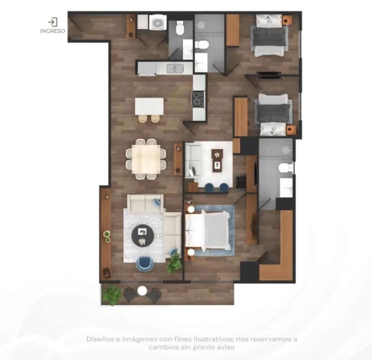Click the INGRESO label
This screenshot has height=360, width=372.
click(x=53, y=31)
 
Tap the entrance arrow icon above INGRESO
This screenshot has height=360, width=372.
click(x=53, y=22)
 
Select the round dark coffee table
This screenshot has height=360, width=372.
click(x=143, y=236)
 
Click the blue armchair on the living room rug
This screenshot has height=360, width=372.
click(x=144, y=264)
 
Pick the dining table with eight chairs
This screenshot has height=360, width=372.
click(x=146, y=159)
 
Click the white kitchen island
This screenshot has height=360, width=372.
click(x=149, y=106)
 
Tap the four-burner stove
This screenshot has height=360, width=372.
click(x=198, y=99)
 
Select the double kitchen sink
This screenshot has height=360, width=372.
click(x=175, y=68)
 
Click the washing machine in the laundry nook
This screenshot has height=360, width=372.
click(x=157, y=22)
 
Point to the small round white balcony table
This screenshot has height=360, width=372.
click(x=142, y=290)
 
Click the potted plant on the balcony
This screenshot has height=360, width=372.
click(x=112, y=295)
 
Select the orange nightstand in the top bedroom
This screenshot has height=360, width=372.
click(x=287, y=20)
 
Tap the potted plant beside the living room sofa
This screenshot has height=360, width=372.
click(x=175, y=263)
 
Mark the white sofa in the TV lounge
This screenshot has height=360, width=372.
click(x=193, y=160)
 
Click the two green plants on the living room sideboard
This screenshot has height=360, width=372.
click(x=107, y=237)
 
